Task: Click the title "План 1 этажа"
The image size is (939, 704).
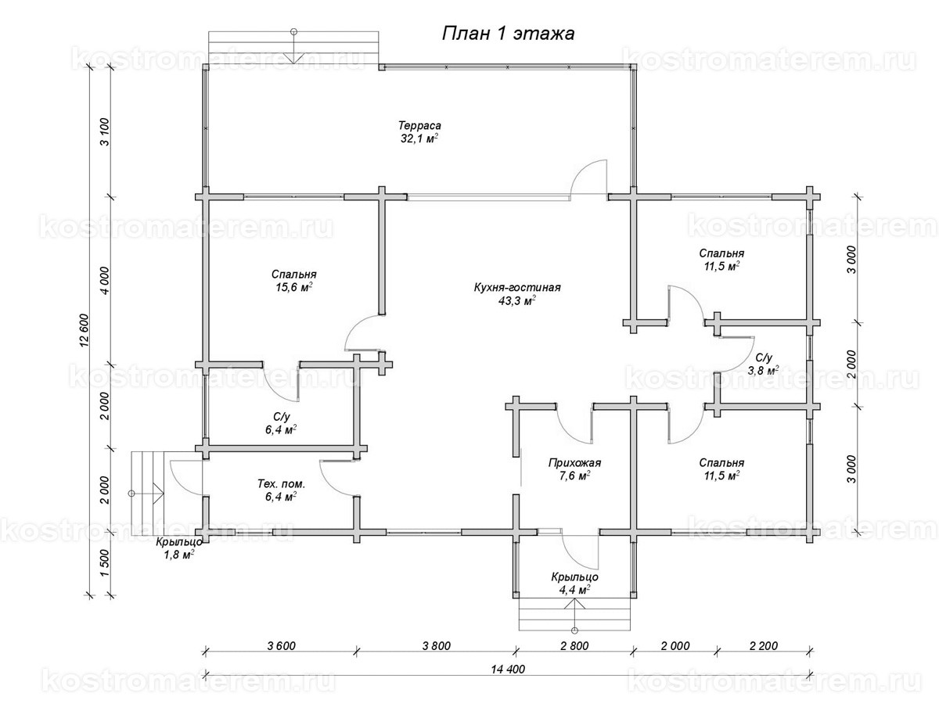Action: pyautogui.click(x=508, y=34)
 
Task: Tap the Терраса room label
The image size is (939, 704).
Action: pyautogui.click(x=419, y=126)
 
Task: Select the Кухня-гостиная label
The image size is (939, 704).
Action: pyautogui.click(x=516, y=288)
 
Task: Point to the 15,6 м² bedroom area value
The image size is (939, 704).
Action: pyautogui.click(x=294, y=287)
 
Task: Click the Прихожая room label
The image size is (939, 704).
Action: pyautogui.click(x=574, y=463)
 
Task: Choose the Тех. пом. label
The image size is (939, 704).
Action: pyautogui.click(x=281, y=484)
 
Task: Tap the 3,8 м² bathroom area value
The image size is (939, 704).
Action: pyautogui.click(x=763, y=370)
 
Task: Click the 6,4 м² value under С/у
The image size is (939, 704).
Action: pyautogui.click(x=281, y=429)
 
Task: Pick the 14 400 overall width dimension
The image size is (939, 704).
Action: pyautogui.click(x=508, y=670)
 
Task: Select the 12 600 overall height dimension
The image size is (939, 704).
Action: pyautogui.click(x=85, y=332)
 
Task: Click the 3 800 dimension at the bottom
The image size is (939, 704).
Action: pyautogui.click(x=437, y=646)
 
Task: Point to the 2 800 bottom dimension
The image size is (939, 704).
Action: pyautogui.click(x=574, y=646)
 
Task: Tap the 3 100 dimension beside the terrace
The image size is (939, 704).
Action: pyautogui.click(x=105, y=131)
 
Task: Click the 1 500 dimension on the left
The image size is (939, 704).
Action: pyautogui.click(x=105, y=563)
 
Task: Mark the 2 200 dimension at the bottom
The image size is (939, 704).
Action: pyautogui.click(x=764, y=646)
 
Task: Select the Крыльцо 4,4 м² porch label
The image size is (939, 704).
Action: pyautogui.click(x=574, y=584)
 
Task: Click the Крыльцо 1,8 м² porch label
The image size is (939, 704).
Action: pyautogui.click(x=179, y=548)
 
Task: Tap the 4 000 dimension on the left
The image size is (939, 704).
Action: pyautogui.click(x=105, y=280)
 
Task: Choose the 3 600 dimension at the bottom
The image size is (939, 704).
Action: pyautogui.click(x=281, y=646)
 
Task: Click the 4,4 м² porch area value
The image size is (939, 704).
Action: pyautogui.click(x=574, y=590)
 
